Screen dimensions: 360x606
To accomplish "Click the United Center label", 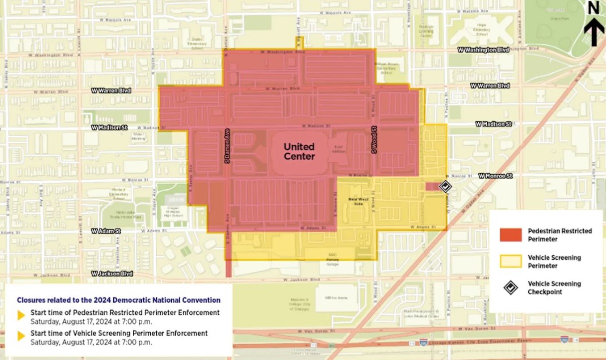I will tap(300, 151).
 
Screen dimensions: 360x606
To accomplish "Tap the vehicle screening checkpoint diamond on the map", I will tap(445, 186).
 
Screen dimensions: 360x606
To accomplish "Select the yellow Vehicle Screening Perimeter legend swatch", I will tap(511, 261).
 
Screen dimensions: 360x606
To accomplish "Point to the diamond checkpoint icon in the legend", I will tap(511, 288).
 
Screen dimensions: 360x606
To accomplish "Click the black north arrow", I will tap(594, 31).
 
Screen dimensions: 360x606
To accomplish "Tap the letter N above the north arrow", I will tap(594, 7).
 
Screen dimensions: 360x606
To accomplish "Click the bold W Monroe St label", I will tap(495, 176).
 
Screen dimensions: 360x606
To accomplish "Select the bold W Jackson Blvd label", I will tap(112, 274).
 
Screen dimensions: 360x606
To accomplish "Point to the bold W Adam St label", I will tap(106, 231).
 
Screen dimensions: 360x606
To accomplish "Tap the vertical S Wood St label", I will tap(373, 140).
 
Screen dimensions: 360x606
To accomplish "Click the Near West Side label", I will tap(355, 201).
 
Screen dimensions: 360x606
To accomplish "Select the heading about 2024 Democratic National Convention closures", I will tap(118, 300).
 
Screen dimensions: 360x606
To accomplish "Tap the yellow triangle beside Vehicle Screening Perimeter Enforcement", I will tap(21, 336).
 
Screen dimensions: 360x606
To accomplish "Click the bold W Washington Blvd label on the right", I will tap(484, 50).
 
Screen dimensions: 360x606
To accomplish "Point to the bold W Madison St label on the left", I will tap(109, 128).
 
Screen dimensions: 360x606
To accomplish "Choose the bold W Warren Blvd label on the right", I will tap(490, 86).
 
